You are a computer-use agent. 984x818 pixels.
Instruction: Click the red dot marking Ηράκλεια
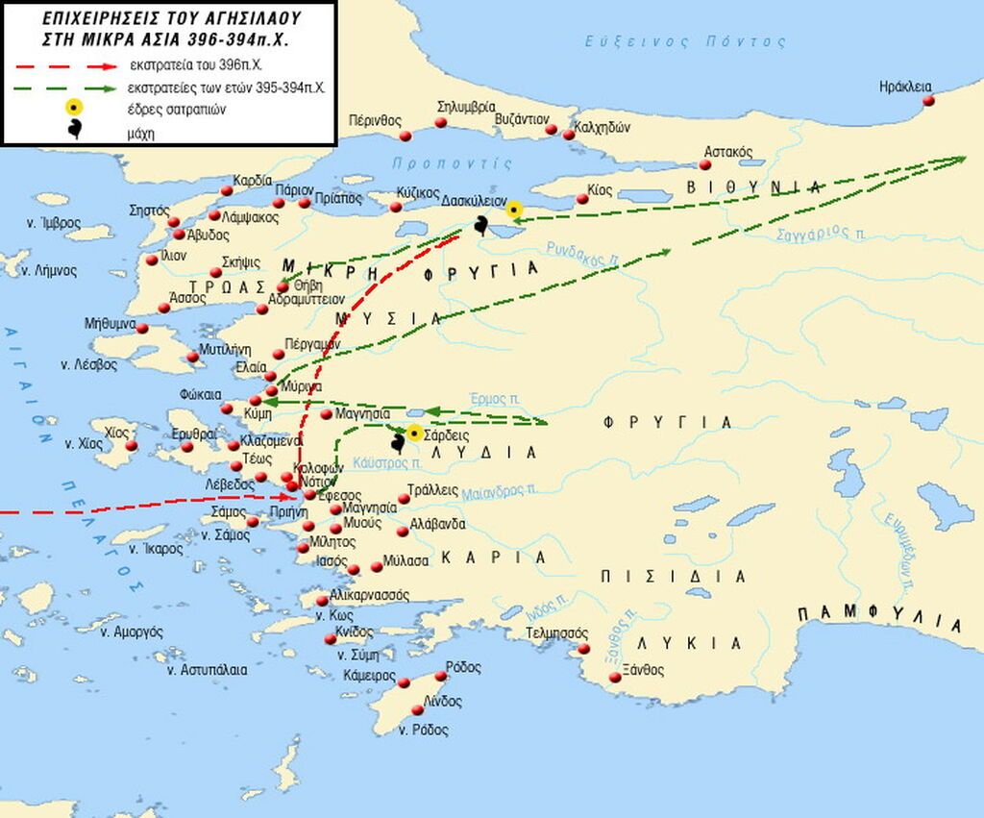pos(928,101)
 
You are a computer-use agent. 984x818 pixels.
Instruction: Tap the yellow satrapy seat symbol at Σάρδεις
pos(414,434)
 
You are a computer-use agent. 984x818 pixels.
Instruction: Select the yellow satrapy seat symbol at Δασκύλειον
pos(514,209)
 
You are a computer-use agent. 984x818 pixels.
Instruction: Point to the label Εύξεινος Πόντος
pos(685,41)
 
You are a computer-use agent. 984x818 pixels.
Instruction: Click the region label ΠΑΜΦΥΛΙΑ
pos(878,619)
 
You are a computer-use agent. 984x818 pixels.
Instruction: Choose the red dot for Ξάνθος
pos(615,678)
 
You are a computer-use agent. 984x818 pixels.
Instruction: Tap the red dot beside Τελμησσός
pos(582,650)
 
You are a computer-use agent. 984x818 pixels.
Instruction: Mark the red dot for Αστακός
pos(714,164)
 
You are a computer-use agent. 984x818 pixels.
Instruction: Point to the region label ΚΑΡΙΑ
pos(494,558)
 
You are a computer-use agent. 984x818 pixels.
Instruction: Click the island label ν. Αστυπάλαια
pos(206,669)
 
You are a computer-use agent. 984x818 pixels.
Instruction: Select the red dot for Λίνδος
pos(417,709)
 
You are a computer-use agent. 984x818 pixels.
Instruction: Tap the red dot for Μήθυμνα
pos(142,329)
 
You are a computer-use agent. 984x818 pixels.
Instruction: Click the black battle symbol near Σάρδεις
pos(397,443)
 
